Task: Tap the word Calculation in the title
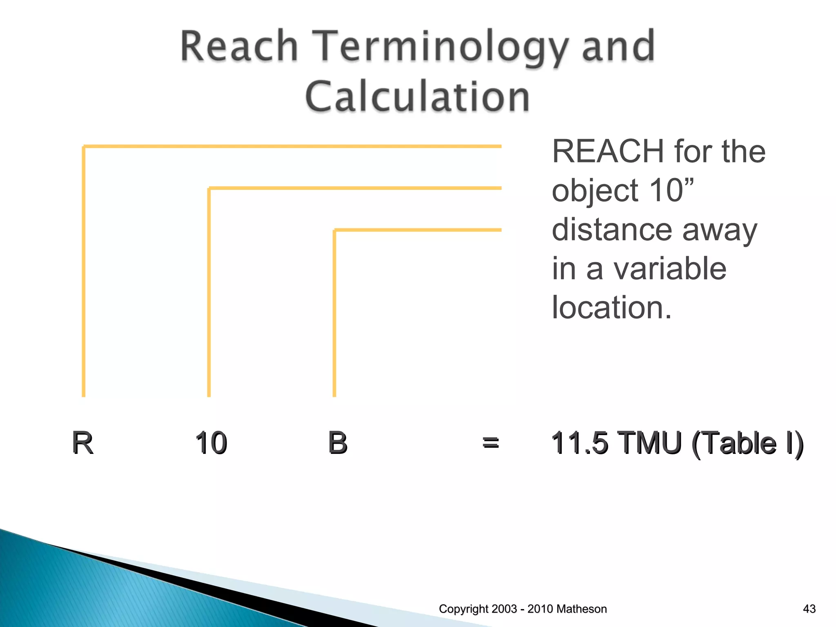click(418, 96)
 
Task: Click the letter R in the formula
click(82, 443)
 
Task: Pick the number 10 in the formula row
click(211, 443)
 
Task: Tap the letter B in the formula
click(338, 443)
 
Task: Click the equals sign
click(490, 442)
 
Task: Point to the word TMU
click(649, 443)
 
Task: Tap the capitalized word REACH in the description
click(608, 151)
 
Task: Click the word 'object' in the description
click(595, 191)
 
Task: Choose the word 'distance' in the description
click(611, 229)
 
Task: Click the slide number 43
click(809, 609)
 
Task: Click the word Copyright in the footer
click(464, 609)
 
